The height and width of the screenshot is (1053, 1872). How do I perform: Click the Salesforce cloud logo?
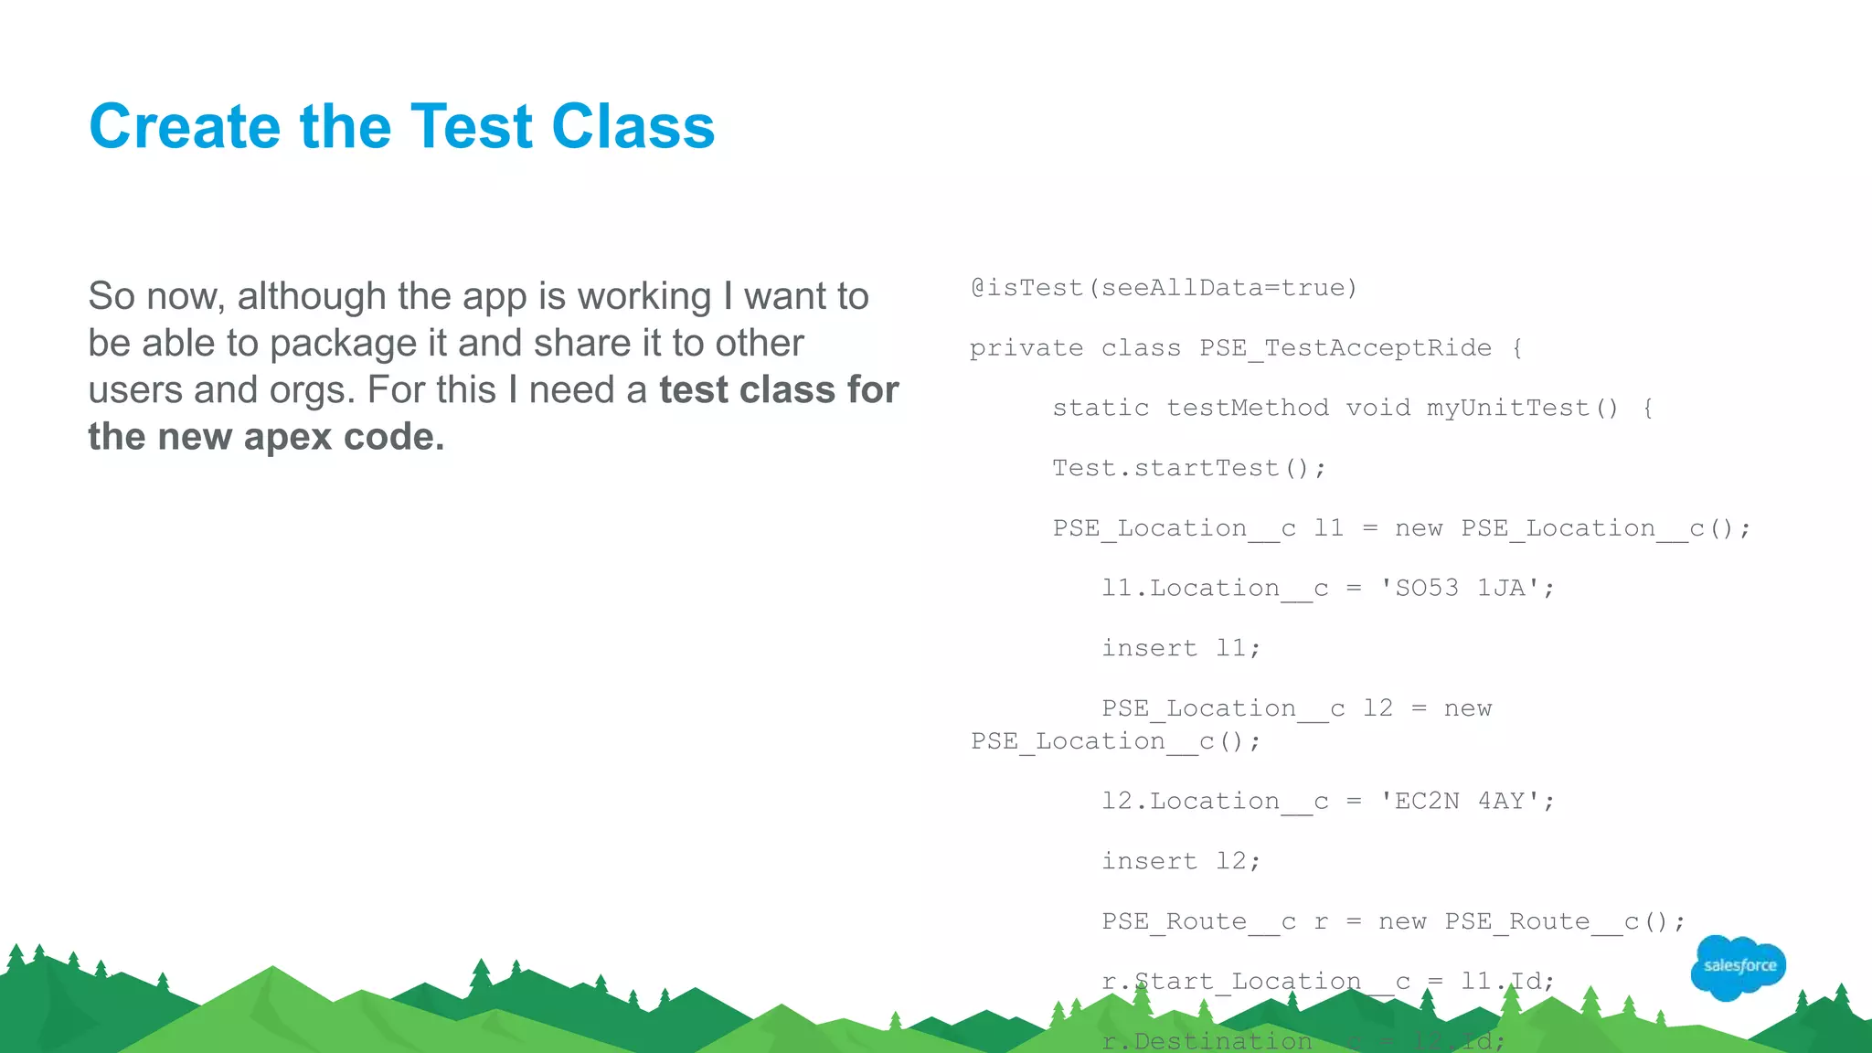(1739, 966)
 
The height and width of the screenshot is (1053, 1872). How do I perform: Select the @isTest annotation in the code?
(1026, 288)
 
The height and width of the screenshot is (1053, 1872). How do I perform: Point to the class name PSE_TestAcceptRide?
(1345, 348)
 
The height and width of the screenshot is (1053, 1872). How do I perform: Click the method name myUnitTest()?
(1522, 408)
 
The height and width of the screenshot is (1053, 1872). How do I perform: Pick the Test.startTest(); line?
(1188, 468)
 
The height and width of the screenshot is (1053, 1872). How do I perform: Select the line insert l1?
(1181, 648)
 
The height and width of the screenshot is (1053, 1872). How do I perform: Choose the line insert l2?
(1181, 861)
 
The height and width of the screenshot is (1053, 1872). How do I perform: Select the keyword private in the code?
(1026, 348)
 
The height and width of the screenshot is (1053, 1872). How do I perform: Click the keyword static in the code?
(1101, 408)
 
